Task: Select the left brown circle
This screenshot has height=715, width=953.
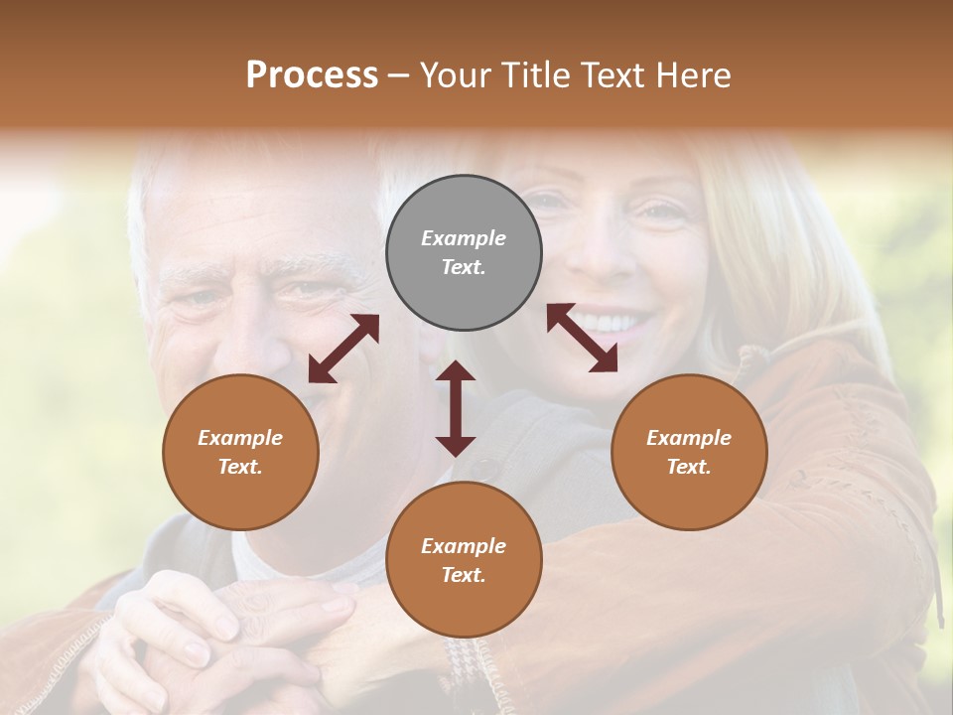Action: click(x=240, y=452)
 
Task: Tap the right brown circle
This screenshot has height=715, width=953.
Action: click(x=689, y=452)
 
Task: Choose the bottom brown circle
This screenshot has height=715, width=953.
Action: click(x=464, y=560)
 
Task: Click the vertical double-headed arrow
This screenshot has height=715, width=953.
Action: click(x=456, y=408)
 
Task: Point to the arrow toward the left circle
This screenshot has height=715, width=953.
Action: click(x=343, y=349)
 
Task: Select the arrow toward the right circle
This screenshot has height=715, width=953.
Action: click(x=582, y=338)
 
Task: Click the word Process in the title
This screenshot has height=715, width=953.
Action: click(x=312, y=75)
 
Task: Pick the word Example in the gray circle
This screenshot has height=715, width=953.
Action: click(x=464, y=238)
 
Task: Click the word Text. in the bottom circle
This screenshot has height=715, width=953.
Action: click(x=464, y=575)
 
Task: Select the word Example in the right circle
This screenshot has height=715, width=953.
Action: click(x=689, y=438)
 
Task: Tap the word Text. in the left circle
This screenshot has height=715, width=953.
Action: click(x=240, y=467)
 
